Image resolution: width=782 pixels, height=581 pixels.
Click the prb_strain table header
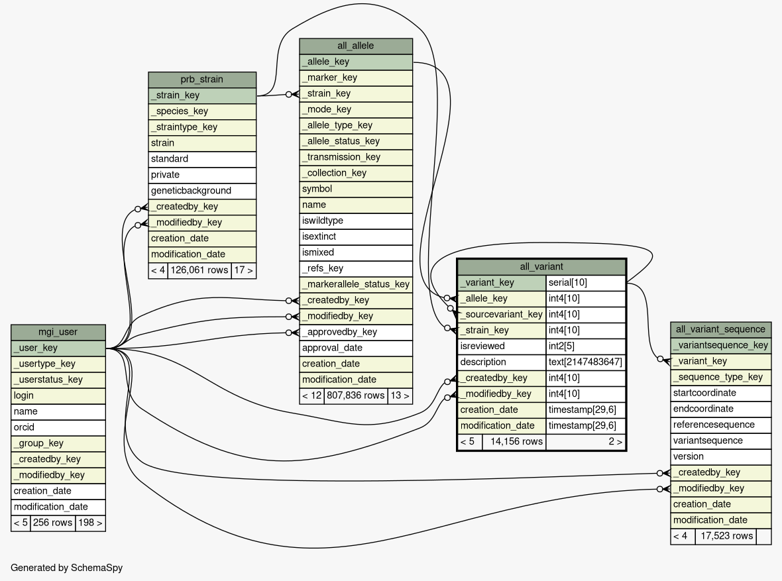point(202,79)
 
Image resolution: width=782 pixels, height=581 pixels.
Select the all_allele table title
point(356,46)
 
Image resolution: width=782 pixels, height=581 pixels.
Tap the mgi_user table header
point(58,332)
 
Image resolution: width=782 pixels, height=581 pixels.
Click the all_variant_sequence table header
point(720,329)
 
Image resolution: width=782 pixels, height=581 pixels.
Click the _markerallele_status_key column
point(356,284)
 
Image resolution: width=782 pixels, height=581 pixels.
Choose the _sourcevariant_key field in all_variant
point(502,314)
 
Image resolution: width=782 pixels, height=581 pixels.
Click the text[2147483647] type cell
point(586,362)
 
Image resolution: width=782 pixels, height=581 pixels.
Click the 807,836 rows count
point(356,396)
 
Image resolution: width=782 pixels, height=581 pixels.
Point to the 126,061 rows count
point(199,270)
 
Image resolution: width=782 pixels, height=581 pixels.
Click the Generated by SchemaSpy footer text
point(66,568)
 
